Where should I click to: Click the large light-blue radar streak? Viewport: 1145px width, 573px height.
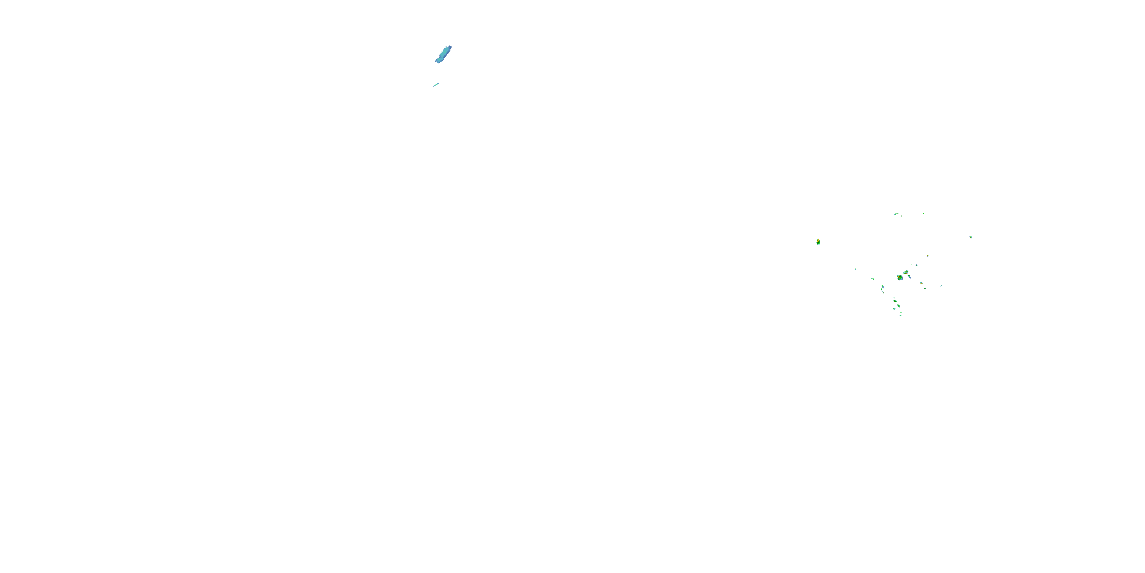(443, 55)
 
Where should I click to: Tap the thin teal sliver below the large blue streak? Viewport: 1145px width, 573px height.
(436, 84)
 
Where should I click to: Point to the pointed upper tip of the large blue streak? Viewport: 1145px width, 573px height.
(450, 46)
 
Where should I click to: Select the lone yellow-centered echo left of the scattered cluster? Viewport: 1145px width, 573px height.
(818, 241)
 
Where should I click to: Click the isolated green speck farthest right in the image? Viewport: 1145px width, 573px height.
(970, 237)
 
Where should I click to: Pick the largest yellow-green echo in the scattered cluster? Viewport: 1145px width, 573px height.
(900, 278)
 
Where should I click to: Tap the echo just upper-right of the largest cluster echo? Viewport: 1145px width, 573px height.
(905, 272)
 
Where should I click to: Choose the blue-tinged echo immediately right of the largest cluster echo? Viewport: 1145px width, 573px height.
(909, 277)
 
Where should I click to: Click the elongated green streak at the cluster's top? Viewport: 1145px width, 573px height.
(896, 214)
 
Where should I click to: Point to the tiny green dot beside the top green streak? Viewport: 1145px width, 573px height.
(923, 214)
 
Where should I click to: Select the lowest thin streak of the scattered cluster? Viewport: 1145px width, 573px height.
(900, 315)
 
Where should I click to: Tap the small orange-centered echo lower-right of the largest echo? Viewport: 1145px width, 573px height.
(921, 283)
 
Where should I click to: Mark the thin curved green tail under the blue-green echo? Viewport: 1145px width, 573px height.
(882, 291)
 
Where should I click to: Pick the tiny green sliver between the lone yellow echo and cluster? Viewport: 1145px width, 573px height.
(856, 269)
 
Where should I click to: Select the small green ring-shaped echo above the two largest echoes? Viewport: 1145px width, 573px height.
(916, 265)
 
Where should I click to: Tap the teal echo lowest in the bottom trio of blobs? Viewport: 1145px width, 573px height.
(894, 309)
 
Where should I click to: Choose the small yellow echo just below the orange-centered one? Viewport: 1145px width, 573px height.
(926, 288)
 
